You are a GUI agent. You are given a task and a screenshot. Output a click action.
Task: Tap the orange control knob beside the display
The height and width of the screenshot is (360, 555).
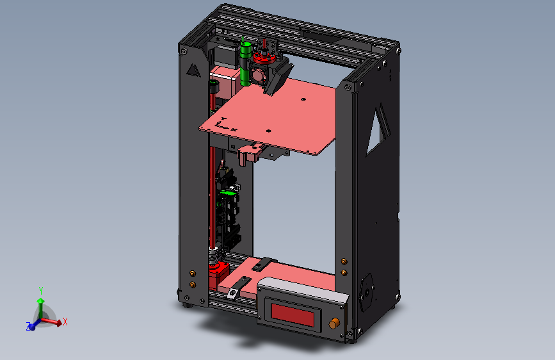coord(334,324)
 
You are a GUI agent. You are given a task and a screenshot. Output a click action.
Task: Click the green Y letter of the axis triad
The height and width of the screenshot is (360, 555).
coord(41,290)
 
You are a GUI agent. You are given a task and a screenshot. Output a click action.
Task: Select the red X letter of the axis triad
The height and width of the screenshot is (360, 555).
coord(65,322)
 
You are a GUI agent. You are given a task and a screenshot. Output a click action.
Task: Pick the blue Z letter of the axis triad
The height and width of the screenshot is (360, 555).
coord(29,327)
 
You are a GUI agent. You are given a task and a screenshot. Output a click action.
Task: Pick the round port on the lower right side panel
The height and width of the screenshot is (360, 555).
coord(367,292)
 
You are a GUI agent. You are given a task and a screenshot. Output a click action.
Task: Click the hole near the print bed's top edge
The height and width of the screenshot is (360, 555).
coord(303,99)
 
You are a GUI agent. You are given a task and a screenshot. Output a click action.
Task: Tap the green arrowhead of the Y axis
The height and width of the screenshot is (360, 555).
coord(41,300)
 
